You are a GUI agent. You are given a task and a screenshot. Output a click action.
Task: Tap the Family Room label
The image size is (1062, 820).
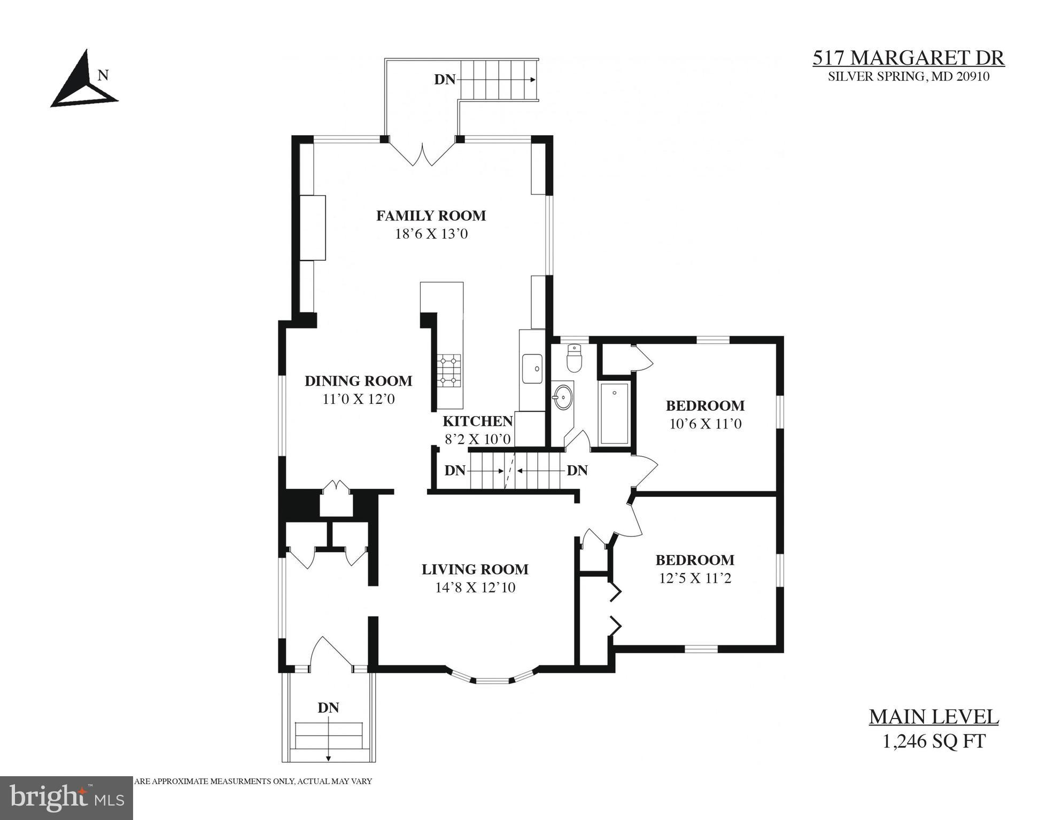tap(431, 216)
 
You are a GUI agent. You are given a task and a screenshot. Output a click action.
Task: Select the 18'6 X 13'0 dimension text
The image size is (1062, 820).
tap(431, 234)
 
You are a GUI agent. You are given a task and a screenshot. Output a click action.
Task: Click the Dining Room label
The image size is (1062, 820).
tap(358, 381)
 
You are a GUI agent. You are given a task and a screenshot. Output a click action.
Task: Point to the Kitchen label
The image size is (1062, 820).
tap(477, 421)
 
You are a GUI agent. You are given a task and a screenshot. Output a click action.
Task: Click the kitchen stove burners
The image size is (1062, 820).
tap(449, 370)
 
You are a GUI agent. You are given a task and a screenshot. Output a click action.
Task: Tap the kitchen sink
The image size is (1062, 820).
tap(532, 368)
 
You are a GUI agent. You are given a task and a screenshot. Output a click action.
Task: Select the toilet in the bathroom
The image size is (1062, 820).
tap(574, 358)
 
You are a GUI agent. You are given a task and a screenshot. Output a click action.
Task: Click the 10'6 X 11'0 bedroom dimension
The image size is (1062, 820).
tap(705, 424)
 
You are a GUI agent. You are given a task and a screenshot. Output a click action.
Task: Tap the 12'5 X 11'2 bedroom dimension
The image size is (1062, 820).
tap(695, 579)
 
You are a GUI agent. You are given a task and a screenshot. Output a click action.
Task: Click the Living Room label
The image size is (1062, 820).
tap(475, 569)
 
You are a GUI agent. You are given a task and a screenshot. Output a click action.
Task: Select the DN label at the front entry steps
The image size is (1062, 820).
tap(328, 708)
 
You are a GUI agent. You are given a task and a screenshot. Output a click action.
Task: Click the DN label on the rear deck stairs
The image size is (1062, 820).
tap(444, 80)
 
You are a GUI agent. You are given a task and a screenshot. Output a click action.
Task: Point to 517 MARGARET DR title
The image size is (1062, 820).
tap(908, 58)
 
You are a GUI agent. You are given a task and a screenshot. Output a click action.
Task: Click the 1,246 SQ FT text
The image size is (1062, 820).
tap(933, 741)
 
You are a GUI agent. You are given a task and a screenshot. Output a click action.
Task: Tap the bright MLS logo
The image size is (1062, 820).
tap(66, 797)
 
